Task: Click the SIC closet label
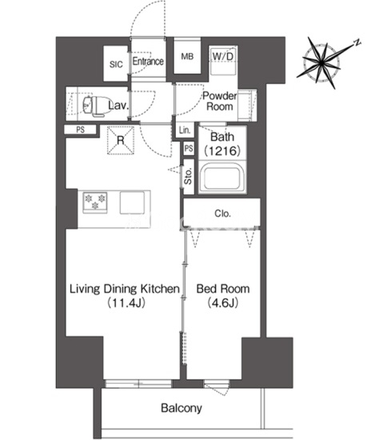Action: [x=116, y=64]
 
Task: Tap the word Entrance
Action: [x=148, y=61]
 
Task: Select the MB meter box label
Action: [x=187, y=57]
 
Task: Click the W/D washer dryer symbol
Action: [x=223, y=60]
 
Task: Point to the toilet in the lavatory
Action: [x=96, y=106]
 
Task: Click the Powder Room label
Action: [x=220, y=101]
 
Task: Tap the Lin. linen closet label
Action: [x=185, y=130]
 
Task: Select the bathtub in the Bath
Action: [x=221, y=178]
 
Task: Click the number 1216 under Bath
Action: [x=222, y=150]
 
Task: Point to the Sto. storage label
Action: [x=188, y=176]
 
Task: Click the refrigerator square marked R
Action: [x=121, y=140]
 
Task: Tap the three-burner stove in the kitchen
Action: [x=95, y=202]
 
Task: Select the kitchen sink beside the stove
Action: [x=133, y=202]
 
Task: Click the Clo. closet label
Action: [x=222, y=214]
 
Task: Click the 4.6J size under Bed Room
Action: [x=223, y=302]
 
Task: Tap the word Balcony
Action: [x=182, y=408]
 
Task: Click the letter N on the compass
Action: [x=357, y=42]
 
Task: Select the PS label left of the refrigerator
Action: [x=81, y=130]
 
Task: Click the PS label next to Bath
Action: [x=189, y=149]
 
